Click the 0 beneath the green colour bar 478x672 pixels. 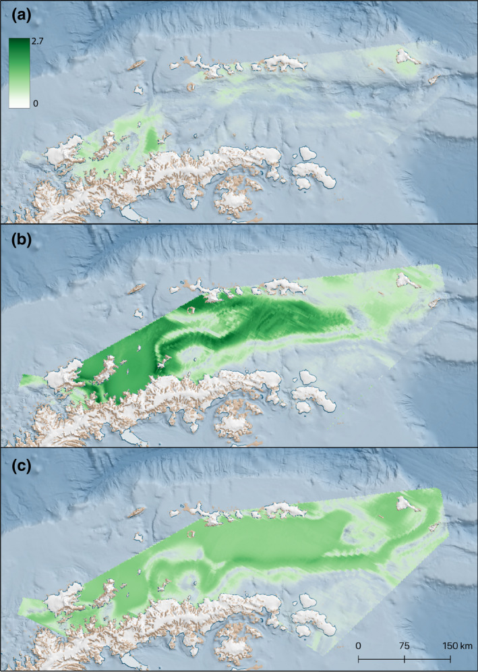pyautogui.click(x=35, y=103)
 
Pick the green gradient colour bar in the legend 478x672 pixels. pyautogui.click(x=18, y=72)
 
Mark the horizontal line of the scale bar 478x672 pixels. pyautogui.click(x=404, y=658)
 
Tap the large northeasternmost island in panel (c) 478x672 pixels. pyautogui.click(x=407, y=503)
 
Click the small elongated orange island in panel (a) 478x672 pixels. pyautogui.click(x=137, y=65)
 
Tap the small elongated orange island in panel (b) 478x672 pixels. pyautogui.click(x=137, y=289)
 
